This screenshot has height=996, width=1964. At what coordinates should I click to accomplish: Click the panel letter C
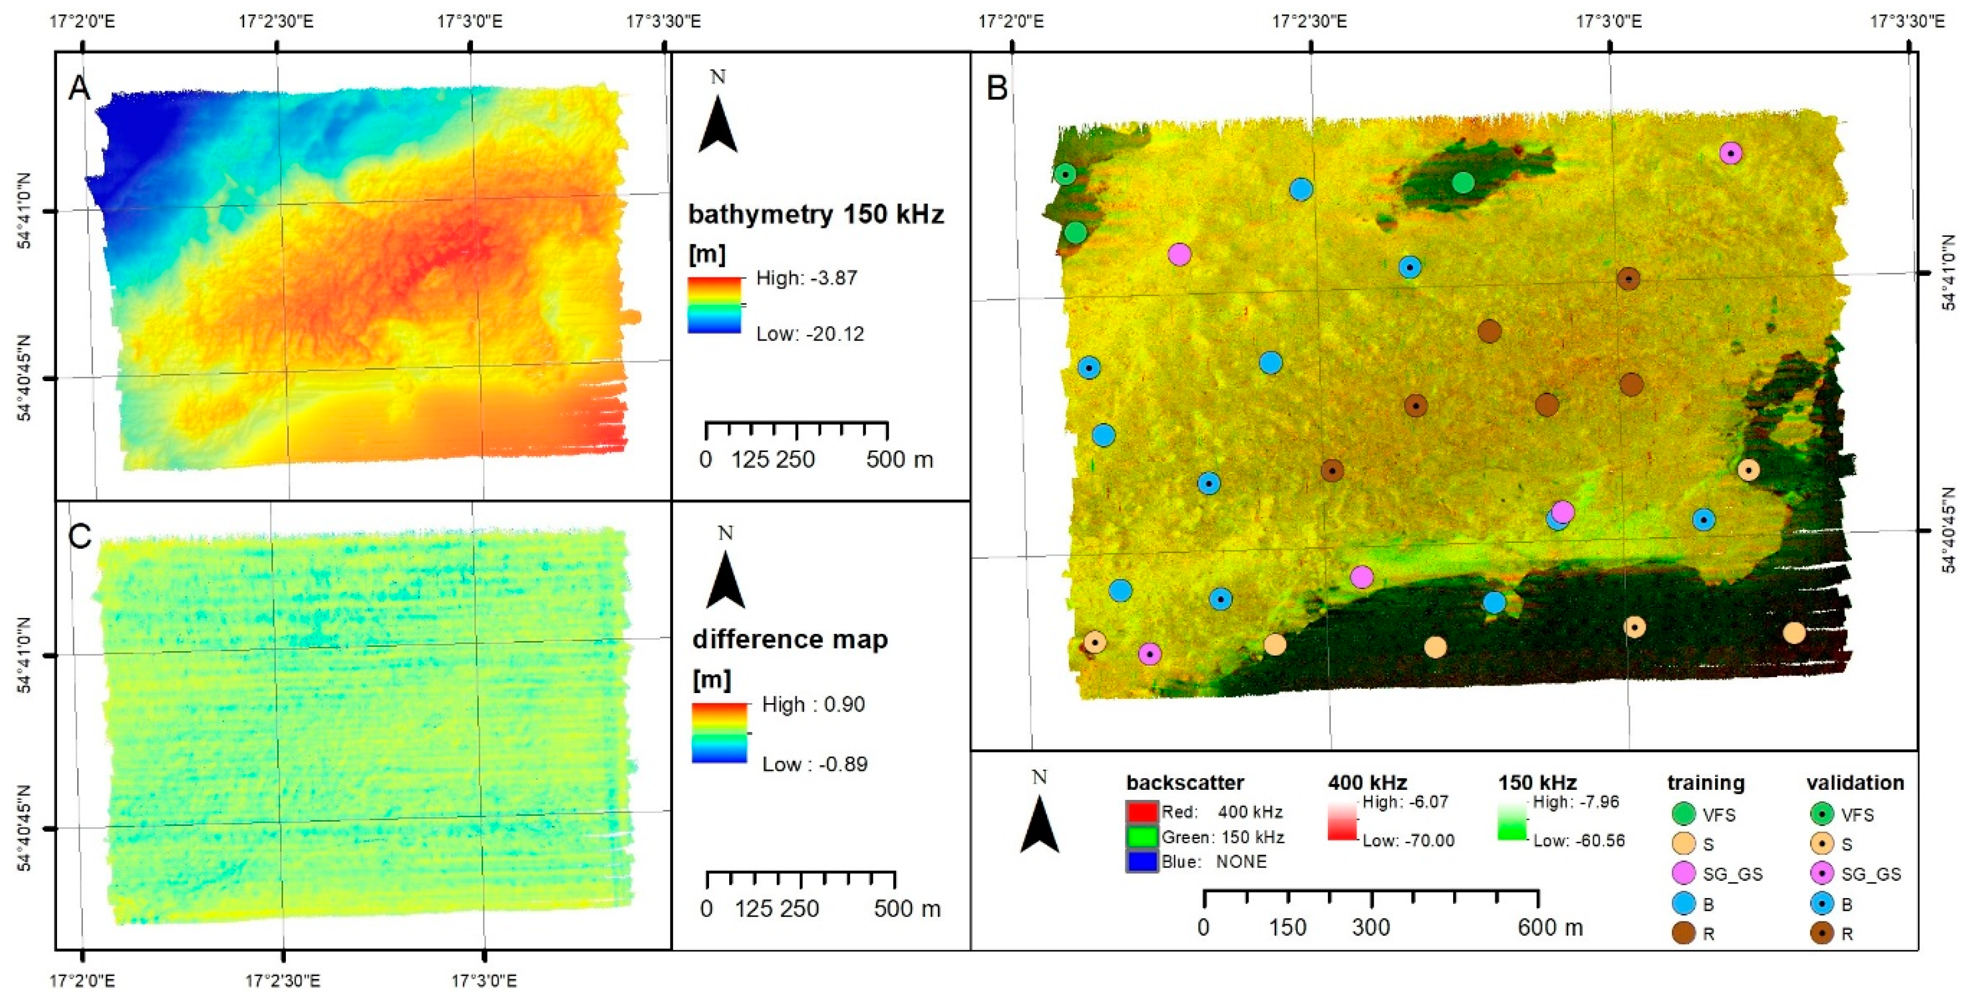click(79, 536)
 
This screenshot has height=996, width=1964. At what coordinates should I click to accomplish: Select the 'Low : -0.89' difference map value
click(814, 764)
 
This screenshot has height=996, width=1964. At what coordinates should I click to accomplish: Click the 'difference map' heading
click(790, 639)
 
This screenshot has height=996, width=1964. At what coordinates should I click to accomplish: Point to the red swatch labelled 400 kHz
click(1141, 812)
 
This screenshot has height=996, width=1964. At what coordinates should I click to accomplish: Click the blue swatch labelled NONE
click(1141, 862)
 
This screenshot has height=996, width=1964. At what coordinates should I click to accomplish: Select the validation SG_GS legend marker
click(1822, 874)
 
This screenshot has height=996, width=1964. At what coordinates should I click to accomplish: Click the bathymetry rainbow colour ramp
click(714, 305)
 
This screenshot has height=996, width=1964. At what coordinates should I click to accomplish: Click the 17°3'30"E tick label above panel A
click(663, 21)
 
